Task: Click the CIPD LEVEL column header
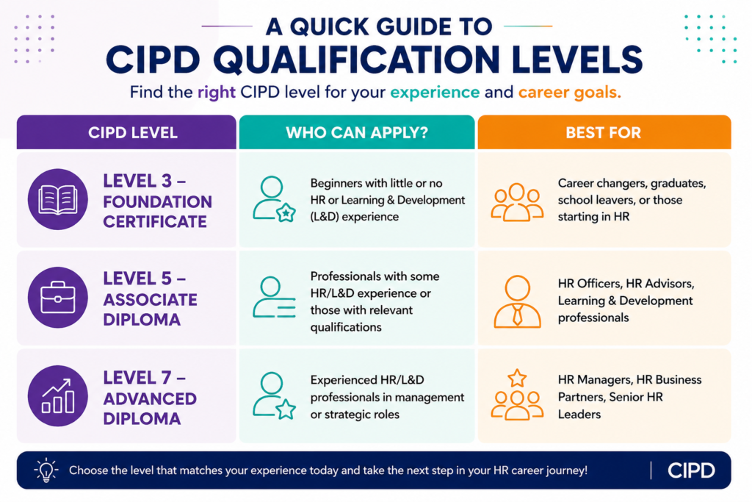pyautogui.click(x=133, y=132)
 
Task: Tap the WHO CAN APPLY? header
pyautogui.click(x=357, y=132)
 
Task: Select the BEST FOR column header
pyautogui.click(x=604, y=132)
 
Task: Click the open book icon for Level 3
pyautogui.click(x=57, y=199)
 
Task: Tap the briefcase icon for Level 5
pyautogui.click(x=57, y=298)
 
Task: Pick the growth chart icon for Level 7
pyautogui.click(x=57, y=396)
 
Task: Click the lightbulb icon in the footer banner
pyautogui.click(x=46, y=470)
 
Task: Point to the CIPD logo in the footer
pyautogui.click(x=691, y=470)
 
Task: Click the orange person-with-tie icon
pyautogui.click(x=518, y=301)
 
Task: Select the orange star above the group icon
pyautogui.click(x=517, y=379)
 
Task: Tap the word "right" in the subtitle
pyautogui.click(x=217, y=92)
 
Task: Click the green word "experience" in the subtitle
pyautogui.click(x=435, y=92)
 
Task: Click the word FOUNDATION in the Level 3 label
pyautogui.click(x=157, y=201)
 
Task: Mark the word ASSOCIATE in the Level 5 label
pyautogui.click(x=150, y=299)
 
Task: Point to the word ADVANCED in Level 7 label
pyautogui.click(x=150, y=398)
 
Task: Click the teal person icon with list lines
pyautogui.click(x=274, y=297)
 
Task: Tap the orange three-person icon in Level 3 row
pyautogui.click(x=517, y=202)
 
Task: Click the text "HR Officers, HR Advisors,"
pyautogui.click(x=626, y=284)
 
